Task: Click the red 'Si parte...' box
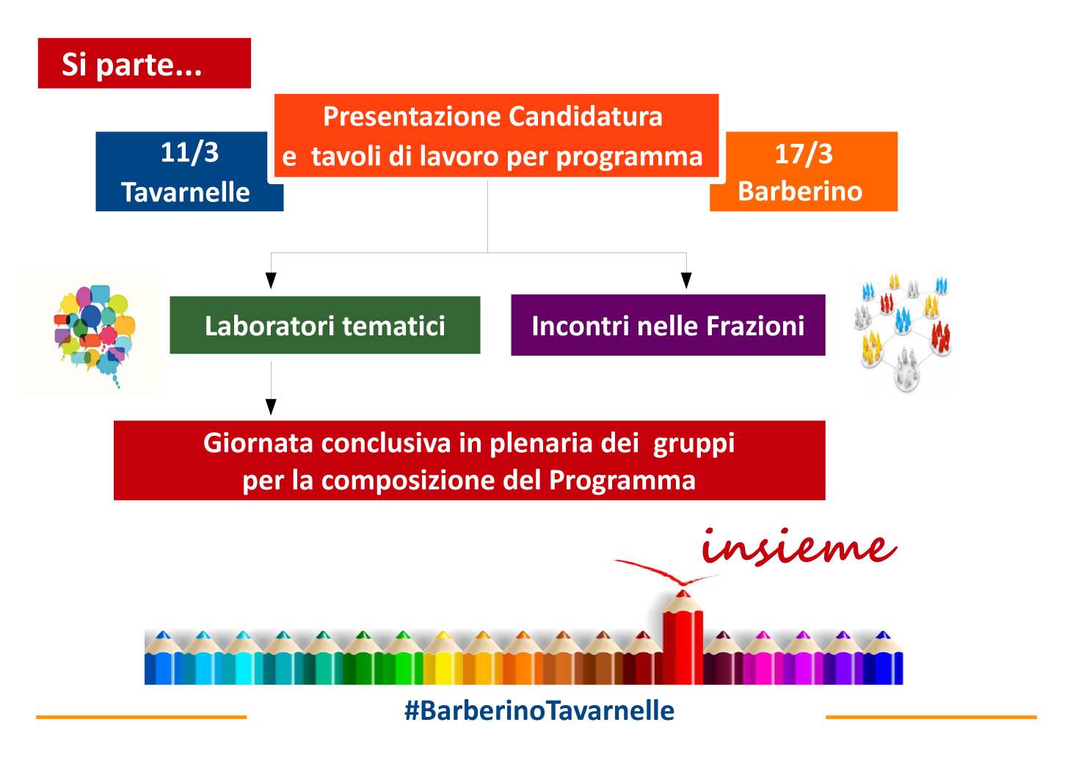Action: tap(144, 63)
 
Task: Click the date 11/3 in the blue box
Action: tap(189, 153)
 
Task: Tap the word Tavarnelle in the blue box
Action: tap(186, 192)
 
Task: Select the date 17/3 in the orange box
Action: tap(804, 153)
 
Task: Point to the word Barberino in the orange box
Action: tap(800, 191)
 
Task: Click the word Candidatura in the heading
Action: tap(586, 117)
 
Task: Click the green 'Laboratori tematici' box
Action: tap(325, 325)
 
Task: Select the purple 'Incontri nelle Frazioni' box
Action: tap(668, 325)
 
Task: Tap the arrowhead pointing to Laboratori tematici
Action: tap(271, 280)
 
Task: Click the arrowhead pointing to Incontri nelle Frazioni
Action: tap(686, 280)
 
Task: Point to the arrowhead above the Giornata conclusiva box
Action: tap(271, 407)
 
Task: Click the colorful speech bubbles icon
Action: tap(95, 335)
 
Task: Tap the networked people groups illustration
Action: tap(903, 333)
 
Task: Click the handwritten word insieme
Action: tap(799, 547)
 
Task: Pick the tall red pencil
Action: tap(683, 637)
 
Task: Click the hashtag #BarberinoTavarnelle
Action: tap(539, 710)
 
